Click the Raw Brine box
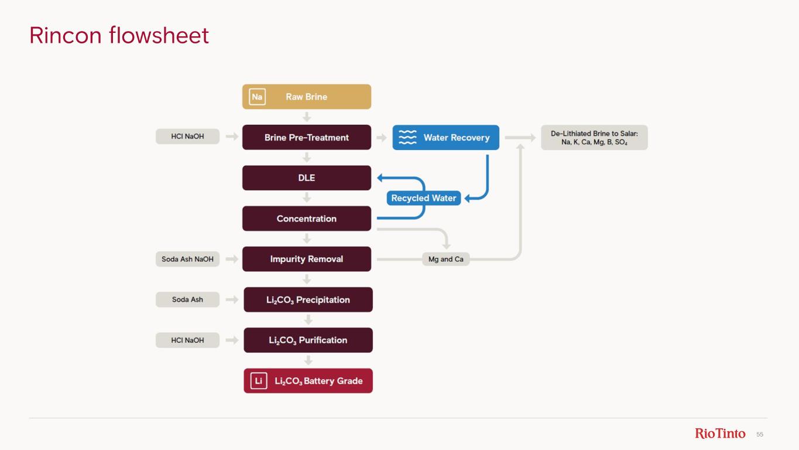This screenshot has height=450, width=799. coord(307,97)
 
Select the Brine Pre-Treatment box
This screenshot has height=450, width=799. coord(307,137)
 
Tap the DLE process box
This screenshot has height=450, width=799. coord(307,178)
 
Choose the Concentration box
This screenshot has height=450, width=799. coord(307,219)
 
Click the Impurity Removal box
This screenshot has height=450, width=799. coord(307,259)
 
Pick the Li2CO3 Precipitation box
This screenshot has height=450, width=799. coord(308,299)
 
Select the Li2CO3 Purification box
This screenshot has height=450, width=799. coord(308,340)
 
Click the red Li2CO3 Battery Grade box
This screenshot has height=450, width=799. coord(308,381)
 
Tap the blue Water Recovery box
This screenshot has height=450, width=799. coord(445,138)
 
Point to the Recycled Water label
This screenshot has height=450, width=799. coord(423,198)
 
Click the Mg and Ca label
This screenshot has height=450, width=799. coord(445,259)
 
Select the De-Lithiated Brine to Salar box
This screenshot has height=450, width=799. coord(594,138)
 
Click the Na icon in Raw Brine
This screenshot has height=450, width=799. coord(257,97)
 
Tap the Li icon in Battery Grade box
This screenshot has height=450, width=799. coord(258,381)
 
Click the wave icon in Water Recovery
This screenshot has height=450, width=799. coord(407,138)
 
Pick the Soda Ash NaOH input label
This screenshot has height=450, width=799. coord(187,259)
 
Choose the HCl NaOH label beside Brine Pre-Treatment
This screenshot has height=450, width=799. coord(187,137)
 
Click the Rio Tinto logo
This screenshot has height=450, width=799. coord(720,434)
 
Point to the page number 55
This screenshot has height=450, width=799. coord(760,434)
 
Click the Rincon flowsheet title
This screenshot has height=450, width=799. coord(119,36)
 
